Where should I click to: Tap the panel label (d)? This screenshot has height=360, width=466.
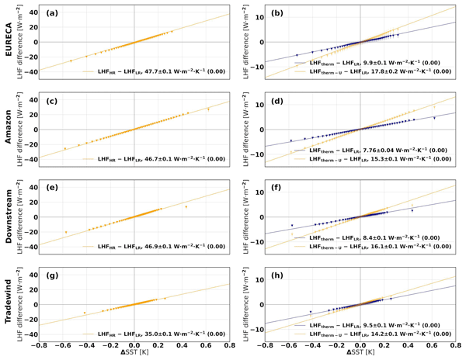point(279,101)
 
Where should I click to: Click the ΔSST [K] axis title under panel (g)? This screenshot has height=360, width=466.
point(134,353)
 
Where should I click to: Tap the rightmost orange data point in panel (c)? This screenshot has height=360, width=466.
point(208,109)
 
